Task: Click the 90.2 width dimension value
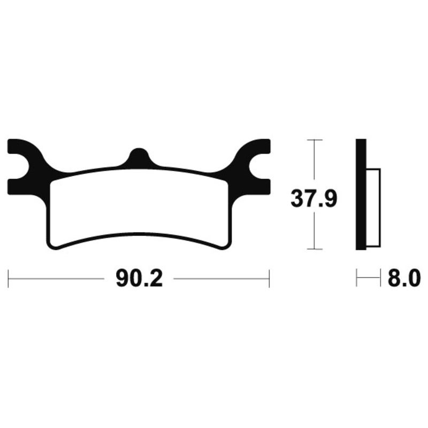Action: pyautogui.click(x=138, y=279)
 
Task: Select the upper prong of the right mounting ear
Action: pyautogui.click(x=259, y=146)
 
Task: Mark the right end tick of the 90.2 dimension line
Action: pyautogui.click(x=269, y=279)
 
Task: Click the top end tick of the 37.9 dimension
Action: pyautogui.click(x=314, y=140)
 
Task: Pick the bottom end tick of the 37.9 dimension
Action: pyautogui.click(x=314, y=249)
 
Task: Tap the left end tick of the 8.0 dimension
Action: pyautogui.click(x=357, y=279)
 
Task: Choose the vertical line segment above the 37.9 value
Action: pyautogui.click(x=314, y=160)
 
